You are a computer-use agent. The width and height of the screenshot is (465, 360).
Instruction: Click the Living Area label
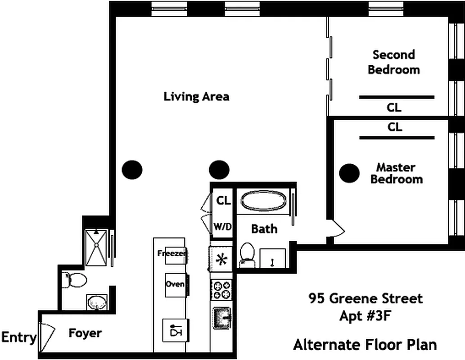tap(196, 96)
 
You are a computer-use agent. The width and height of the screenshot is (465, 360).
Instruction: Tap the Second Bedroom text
tap(393, 62)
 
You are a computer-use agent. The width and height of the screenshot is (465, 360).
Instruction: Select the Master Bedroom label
tap(396, 173)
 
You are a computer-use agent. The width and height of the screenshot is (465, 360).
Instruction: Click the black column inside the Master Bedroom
tap(349, 173)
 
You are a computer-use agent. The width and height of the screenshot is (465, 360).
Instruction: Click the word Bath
tap(264, 229)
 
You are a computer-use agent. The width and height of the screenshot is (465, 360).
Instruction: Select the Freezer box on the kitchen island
tap(172, 253)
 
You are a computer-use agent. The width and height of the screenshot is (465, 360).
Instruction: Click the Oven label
tap(175, 284)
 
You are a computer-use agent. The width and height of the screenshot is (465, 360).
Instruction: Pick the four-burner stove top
tap(221, 290)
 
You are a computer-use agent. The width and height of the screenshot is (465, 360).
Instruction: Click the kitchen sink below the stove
tap(222, 319)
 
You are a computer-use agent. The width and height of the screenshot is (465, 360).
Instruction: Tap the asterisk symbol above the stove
tap(221, 260)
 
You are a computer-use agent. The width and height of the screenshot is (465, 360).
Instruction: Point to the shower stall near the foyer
tap(96, 247)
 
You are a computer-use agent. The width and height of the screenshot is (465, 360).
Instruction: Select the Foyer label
tap(85, 333)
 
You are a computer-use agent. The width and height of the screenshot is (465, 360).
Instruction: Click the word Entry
tap(18, 337)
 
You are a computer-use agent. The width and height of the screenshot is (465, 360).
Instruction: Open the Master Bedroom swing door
tap(337, 229)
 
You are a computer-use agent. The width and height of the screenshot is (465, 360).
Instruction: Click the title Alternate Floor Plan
tap(365, 345)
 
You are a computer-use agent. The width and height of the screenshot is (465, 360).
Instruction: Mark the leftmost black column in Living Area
tap(132, 170)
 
